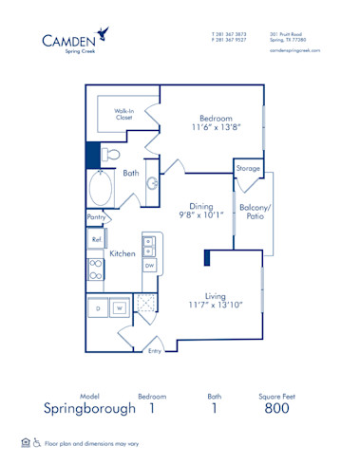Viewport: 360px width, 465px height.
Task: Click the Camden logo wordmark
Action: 68,40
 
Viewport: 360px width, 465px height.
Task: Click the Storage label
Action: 247,169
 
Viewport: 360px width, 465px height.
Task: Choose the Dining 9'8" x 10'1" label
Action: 201,209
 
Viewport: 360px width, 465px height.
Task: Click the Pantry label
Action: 96,217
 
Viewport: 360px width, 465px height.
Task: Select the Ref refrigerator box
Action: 96,240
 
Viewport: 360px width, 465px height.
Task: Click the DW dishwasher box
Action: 149,267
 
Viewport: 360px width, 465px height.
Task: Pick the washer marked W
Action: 120,308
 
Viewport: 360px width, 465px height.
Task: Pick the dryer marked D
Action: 98,308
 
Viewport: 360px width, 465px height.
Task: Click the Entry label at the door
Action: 155,351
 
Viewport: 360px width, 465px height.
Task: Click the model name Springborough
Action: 89,409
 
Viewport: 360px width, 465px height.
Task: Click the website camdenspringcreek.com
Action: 295,50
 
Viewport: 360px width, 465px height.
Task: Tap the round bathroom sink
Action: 152,183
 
